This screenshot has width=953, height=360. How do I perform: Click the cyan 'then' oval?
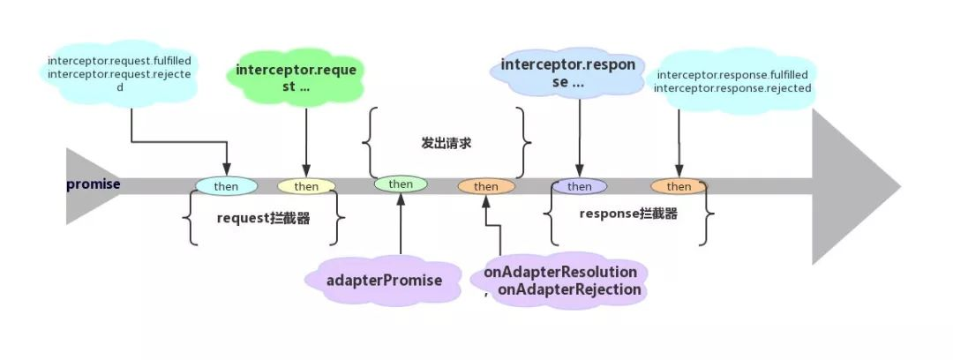pyautogui.click(x=226, y=186)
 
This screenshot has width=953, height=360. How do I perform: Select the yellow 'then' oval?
pyautogui.click(x=306, y=186)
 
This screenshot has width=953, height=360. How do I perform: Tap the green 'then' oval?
pyautogui.click(x=401, y=184)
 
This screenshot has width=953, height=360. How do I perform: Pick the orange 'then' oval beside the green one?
pyautogui.click(x=485, y=186)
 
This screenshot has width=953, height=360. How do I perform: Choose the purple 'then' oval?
pyautogui.click(x=579, y=186)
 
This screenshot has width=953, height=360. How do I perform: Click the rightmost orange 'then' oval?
pyautogui.click(x=679, y=186)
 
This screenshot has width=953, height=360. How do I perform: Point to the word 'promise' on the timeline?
pyautogui.click(x=94, y=184)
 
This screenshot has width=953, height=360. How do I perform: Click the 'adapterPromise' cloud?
pyautogui.click(x=384, y=281)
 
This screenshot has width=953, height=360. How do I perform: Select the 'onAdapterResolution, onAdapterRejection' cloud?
pyautogui.click(x=559, y=281)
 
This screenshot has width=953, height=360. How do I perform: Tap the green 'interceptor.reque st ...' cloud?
pyautogui.click(x=296, y=78)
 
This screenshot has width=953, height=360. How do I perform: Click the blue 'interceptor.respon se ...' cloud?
pyautogui.click(x=567, y=73)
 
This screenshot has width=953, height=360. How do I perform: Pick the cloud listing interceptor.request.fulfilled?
pyautogui.click(x=119, y=73)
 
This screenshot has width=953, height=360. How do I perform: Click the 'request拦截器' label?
pyautogui.click(x=263, y=219)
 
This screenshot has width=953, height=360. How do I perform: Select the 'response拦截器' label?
pyautogui.click(x=628, y=214)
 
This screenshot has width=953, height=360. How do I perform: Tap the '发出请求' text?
pyautogui.click(x=446, y=144)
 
